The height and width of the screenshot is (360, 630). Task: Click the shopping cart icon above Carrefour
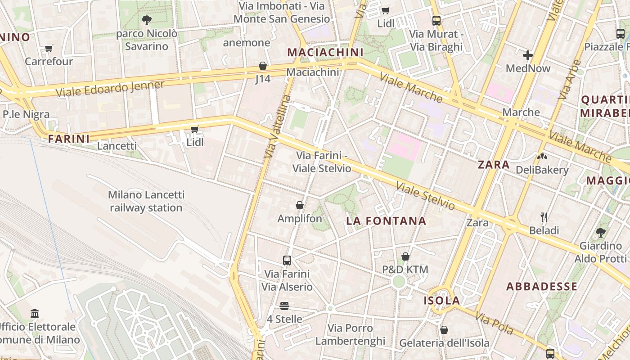(49, 48)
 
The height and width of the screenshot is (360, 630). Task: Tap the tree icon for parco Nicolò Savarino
(146, 20)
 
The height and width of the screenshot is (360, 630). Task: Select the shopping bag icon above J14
(263, 66)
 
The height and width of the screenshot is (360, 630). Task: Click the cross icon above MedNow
(528, 55)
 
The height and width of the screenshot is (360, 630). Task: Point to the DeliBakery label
(542, 170)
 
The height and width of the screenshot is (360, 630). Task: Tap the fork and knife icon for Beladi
(544, 217)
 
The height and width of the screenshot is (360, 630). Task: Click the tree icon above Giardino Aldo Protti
(600, 233)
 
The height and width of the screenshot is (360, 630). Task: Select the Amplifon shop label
(300, 219)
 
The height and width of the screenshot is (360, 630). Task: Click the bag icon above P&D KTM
(405, 256)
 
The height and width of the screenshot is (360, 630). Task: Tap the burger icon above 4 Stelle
(284, 306)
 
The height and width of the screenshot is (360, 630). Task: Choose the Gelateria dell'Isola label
(444, 343)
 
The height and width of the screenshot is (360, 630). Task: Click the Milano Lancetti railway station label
(146, 201)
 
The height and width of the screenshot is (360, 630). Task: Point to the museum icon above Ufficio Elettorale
(35, 313)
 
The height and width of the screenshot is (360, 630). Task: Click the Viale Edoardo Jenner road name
(110, 88)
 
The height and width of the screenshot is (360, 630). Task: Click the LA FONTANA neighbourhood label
(386, 221)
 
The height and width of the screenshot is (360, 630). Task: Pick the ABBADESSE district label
(542, 287)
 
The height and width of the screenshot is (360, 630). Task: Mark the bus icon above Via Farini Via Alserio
(287, 260)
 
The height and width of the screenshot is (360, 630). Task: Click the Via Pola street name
(494, 324)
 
